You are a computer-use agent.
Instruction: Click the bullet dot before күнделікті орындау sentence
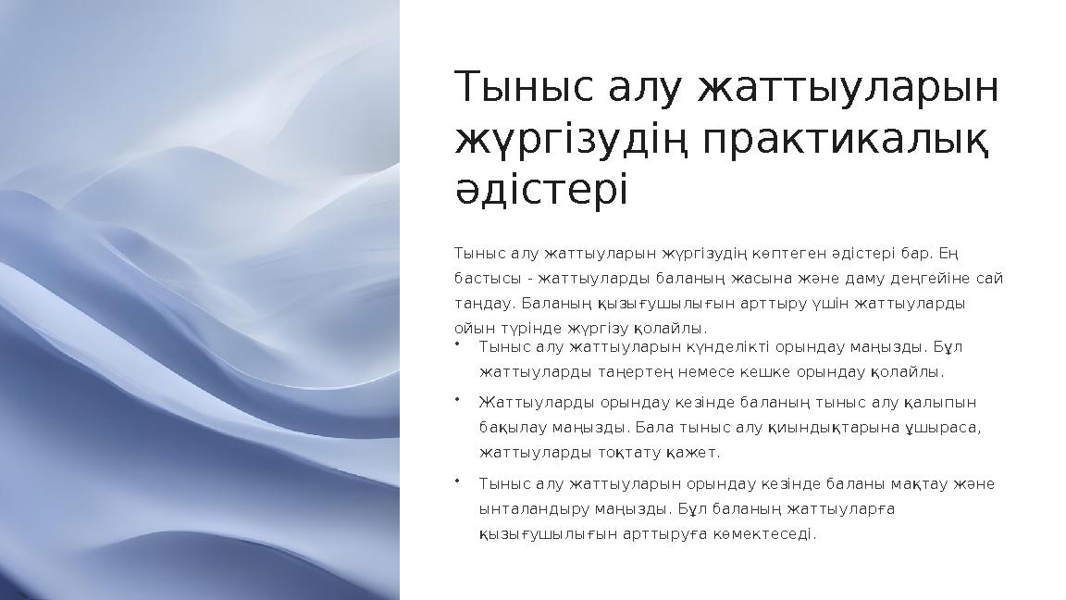(458, 344)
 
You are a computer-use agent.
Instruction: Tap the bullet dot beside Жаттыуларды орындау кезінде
(458, 400)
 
